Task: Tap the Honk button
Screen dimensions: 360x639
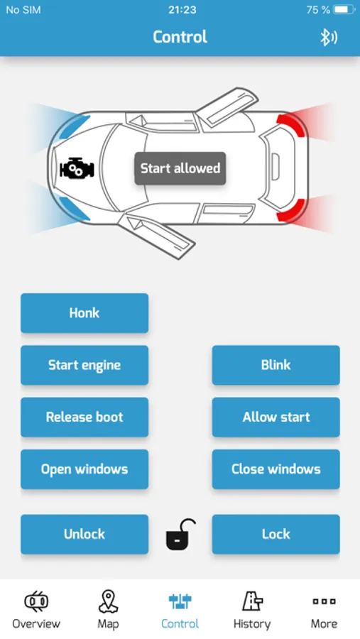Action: click(x=84, y=313)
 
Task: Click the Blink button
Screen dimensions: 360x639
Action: click(x=276, y=365)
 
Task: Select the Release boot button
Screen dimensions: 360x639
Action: click(x=84, y=417)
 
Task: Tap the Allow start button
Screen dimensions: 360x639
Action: click(x=276, y=417)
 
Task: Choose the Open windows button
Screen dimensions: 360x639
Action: click(x=84, y=469)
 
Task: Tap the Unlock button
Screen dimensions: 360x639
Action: click(x=84, y=534)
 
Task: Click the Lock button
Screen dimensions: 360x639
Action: click(x=276, y=534)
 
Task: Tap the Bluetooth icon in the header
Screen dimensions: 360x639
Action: click(x=328, y=38)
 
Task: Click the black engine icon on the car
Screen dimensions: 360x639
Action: click(x=77, y=168)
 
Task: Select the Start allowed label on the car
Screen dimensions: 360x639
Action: click(x=180, y=168)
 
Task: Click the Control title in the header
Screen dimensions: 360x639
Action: click(x=180, y=37)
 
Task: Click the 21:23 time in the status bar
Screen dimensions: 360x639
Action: click(x=182, y=10)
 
